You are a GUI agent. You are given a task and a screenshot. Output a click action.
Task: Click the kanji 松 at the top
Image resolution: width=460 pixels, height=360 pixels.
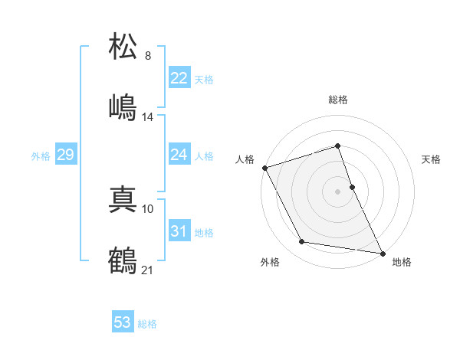pos(123,47)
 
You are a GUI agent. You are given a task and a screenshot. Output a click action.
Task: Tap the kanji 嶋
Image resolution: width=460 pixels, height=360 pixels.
pos(123,106)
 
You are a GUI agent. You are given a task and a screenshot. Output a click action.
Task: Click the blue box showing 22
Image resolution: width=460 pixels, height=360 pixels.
pos(179,78)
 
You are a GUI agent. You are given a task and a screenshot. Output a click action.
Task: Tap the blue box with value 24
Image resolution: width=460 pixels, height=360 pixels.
pos(179,155)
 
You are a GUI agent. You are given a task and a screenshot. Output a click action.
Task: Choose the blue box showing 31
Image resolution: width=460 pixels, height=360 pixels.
pos(179,231)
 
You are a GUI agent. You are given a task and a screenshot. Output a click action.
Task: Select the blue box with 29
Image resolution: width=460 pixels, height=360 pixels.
pos(65,155)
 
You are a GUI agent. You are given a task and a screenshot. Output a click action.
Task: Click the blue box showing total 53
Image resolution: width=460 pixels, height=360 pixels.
pos(123,322)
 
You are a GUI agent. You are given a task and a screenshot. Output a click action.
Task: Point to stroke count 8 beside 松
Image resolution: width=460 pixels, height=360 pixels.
pos(148,56)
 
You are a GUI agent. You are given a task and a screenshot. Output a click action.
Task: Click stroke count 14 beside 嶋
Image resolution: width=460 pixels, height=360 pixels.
pos(148,117)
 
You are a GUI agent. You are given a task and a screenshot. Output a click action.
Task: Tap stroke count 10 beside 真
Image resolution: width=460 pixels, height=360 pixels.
pos(148,208)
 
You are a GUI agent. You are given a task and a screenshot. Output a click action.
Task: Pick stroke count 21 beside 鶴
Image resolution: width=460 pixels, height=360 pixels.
pos(148,270)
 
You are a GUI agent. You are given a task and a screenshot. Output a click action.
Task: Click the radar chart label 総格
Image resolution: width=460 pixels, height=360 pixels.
pos(338,100)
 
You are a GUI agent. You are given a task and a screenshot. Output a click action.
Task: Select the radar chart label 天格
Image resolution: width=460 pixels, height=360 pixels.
pos(431,159)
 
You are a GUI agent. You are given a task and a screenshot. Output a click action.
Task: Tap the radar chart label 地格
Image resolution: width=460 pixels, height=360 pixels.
pos(402,262)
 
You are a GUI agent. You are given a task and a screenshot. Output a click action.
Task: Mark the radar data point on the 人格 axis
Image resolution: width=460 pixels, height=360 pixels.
pos(264,167)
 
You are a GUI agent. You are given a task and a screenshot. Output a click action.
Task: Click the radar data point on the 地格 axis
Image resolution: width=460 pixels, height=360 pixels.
pos(382,252)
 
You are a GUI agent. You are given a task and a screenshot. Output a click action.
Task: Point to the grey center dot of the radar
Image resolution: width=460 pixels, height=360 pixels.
pos(338,191)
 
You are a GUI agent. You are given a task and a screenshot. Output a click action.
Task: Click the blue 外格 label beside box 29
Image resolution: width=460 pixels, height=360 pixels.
pos(41,155)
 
